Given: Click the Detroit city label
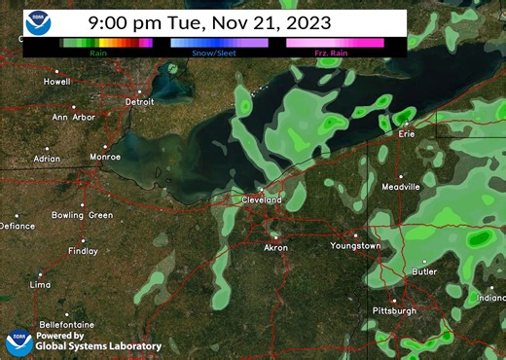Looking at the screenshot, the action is pyautogui.click(x=140, y=101).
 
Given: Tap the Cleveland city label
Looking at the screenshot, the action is pyautogui.click(x=262, y=199).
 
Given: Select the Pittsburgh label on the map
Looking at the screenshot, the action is pyautogui.click(x=394, y=310).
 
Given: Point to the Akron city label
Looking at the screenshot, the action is pyautogui.click(x=276, y=248).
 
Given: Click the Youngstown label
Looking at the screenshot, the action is pyautogui.click(x=356, y=246).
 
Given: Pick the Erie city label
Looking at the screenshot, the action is pyautogui.click(x=407, y=135).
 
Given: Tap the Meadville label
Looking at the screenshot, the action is pyautogui.click(x=401, y=185).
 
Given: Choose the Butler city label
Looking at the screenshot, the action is pyautogui.click(x=423, y=272).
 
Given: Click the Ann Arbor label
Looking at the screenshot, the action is pyautogui.click(x=73, y=118).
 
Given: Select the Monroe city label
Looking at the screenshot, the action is pyautogui.click(x=105, y=156).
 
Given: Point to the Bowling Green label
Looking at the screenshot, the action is pyautogui.click(x=82, y=215).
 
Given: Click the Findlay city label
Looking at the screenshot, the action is pyautogui.click(x=83, y=250).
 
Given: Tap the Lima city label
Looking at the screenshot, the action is pyautogui.click(x=40, y=285).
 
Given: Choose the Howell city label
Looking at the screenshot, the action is pyautogui.click(x=57, y=82).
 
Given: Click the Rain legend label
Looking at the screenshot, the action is pyautogui.click(x=98, y=53).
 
